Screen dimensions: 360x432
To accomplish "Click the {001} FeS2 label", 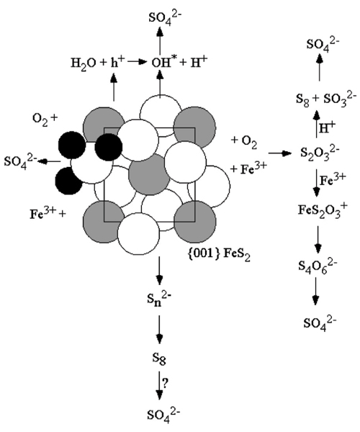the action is coord(219,255).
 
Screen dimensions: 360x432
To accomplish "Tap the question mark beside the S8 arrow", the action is coord(166,383).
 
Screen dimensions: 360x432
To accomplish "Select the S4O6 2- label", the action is coord(318,266).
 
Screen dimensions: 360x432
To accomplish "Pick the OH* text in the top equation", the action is coord(164,63).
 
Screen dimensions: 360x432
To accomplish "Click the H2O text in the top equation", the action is coord(84,64).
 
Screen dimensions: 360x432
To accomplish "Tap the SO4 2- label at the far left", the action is coord(20,162).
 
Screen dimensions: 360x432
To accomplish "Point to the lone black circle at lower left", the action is coord(68,181).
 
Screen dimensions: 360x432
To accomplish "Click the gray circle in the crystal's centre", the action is coord(150,174).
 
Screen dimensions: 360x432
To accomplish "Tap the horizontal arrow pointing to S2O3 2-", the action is coord(280,153).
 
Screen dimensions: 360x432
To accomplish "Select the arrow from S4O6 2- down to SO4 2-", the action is coord(315,291).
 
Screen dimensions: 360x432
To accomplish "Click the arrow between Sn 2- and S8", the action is coord(159,329).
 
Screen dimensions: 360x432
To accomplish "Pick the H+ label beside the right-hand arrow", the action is coord(327,128).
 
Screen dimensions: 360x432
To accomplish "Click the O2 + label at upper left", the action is coord(45,119).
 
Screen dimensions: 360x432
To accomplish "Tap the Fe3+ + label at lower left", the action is coord(48,214).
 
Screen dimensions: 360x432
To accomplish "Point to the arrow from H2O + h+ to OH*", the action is coord(137,62).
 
